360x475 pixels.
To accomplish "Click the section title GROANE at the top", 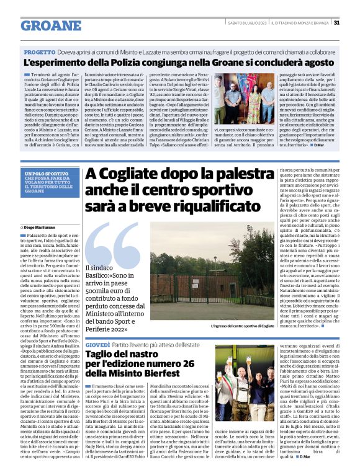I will click(x=51, y=25).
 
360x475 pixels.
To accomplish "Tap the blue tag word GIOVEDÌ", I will click(x=98, y=344).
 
